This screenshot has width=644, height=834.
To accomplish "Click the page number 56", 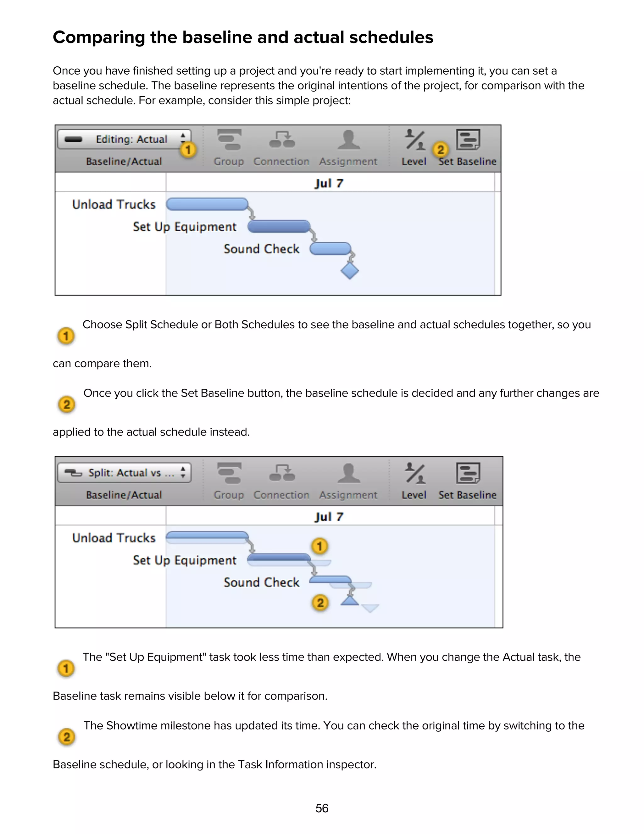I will (x=322, y=808).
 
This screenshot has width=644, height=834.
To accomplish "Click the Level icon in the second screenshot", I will (x=414, y=474).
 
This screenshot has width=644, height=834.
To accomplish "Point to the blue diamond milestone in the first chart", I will (x=349, y=270).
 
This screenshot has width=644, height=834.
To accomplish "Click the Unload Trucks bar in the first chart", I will (x=207, y=204).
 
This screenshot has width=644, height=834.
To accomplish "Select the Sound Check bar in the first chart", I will (x=330, y=249).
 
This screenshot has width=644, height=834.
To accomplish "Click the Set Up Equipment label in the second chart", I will (x=185, y=560).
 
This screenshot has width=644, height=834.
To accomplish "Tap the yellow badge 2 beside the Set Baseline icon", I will (x=441, y=149).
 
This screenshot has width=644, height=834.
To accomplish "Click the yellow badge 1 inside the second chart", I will (x=320, y=546).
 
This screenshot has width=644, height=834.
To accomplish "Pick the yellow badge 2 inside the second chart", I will (x=320, y=603).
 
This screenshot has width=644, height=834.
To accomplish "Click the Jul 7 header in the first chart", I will (x=329, y=183).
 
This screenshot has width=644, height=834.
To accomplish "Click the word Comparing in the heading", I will (x=98, y=37).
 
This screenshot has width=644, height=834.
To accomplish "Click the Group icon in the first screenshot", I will (x=229, y=140).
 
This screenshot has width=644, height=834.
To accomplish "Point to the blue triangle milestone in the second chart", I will (x=349, y=601).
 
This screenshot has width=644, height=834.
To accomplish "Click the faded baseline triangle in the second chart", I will (x=370, y=607).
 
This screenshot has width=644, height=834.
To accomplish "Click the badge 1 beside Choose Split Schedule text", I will (x=66, y=336).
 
